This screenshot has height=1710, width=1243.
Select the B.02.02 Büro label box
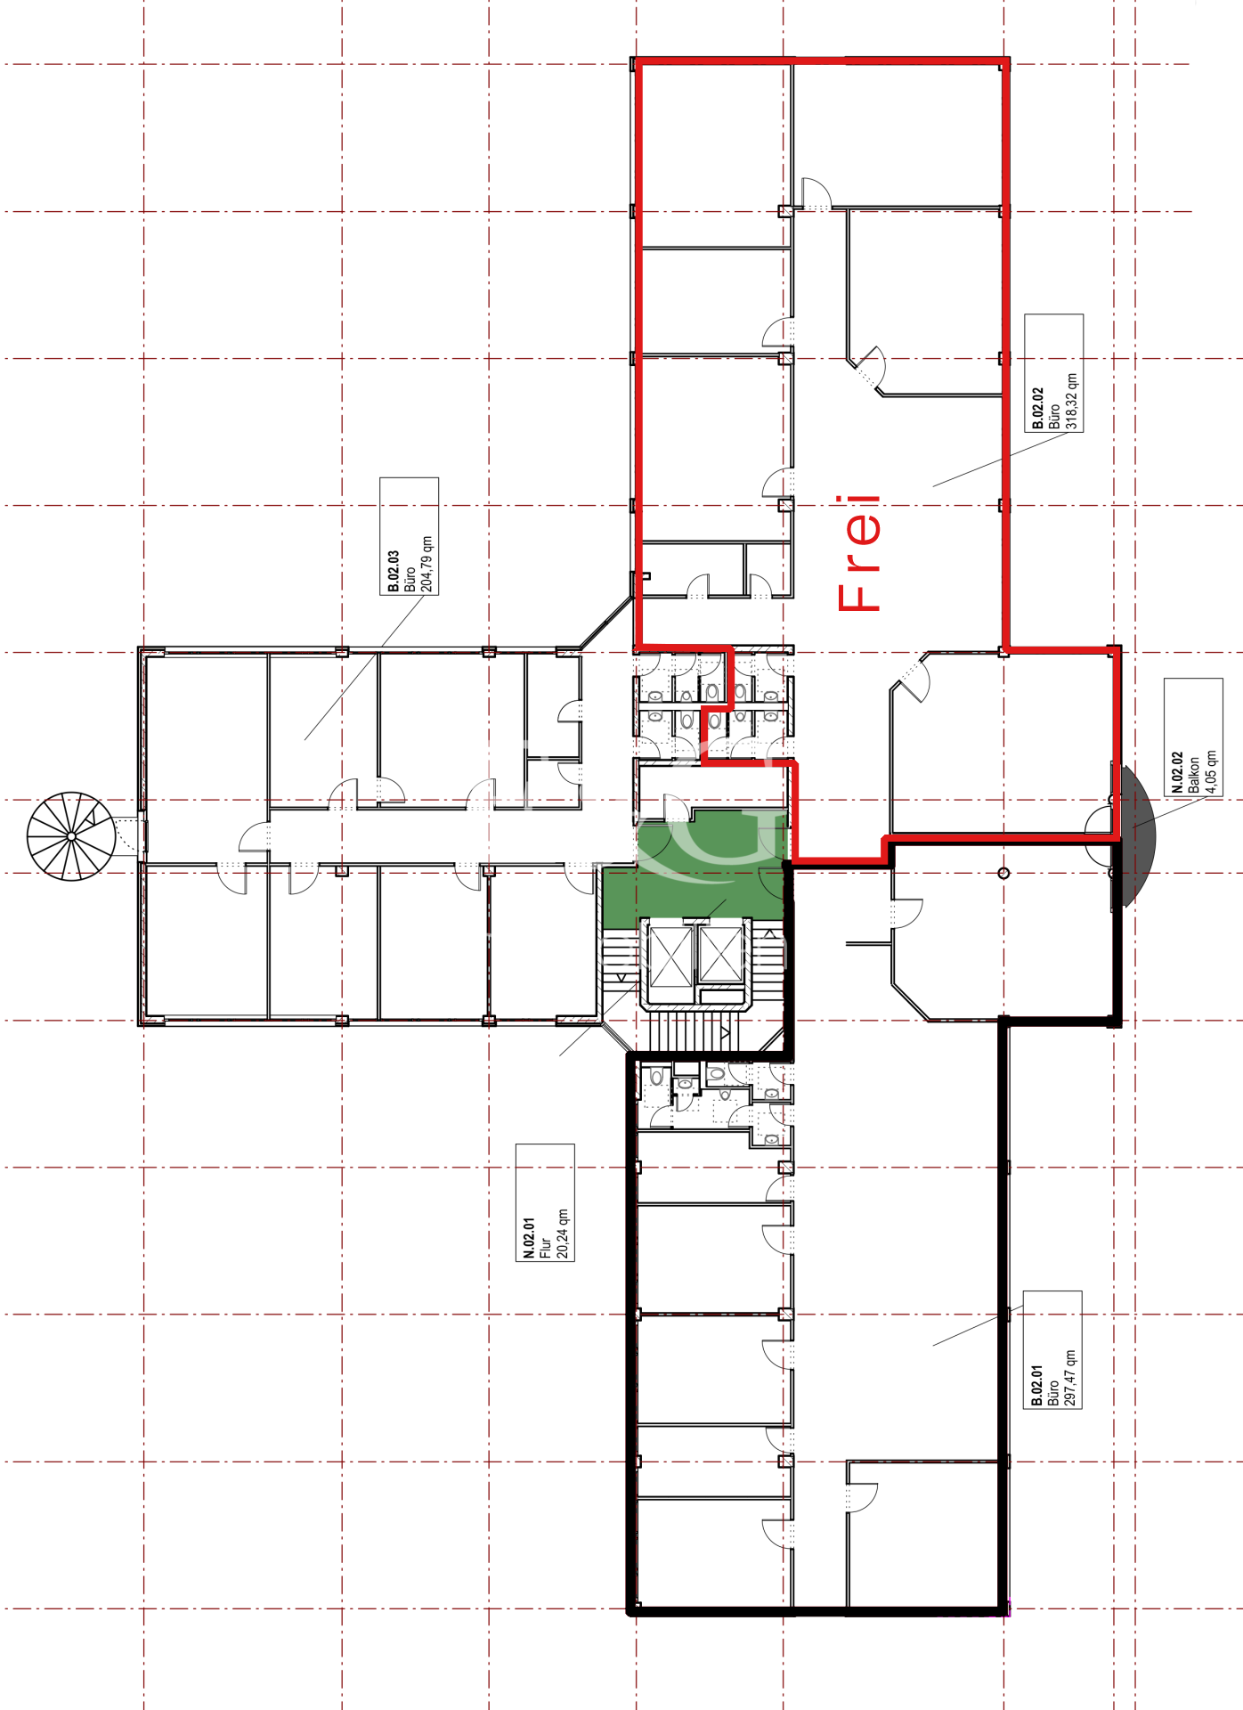[x=1053, y=373]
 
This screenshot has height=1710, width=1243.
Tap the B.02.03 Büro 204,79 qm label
[x=409, y=536]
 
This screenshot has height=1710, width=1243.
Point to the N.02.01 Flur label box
[x=545, y=1202]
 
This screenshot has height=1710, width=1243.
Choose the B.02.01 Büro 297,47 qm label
[x=1052, y=1349]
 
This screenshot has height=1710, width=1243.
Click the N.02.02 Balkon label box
[x=1193, y=737]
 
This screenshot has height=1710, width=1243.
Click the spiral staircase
[x=71, y=836]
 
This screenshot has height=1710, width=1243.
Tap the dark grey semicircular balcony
[x=1137, y=835]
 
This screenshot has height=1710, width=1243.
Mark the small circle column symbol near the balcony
[x=1003, y=873]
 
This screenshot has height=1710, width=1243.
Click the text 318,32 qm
[x=1072, y=401]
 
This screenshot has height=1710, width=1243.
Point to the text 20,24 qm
[x=563, y=1233]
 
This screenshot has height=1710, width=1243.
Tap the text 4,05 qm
[x=1211, y=770]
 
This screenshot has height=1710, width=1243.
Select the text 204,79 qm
[x=427, y=564]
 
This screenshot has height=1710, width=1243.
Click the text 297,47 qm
[x=1070, y=1378]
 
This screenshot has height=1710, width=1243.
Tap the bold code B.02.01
[x=1036, y=1386]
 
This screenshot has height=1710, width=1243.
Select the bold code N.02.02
[x=1177, y=772]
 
